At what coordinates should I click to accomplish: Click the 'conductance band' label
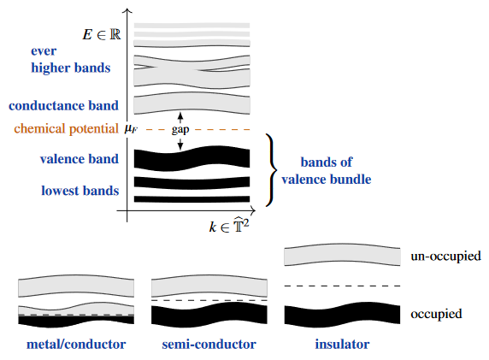pyautogui.click(x=63, y=105)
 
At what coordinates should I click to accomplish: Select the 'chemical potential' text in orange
pyautogui.click(x=66, y=128)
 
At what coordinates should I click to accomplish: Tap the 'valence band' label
pyautogui.click(x=80, y=159)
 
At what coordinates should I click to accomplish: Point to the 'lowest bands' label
pyautogui.click(x=80, y=191)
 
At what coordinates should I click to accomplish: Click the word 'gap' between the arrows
pyautogui.click(x=180, y=129)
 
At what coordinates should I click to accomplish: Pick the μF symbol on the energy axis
pyautogui.click(x=131, y=128)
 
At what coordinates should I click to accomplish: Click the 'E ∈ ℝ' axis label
pyautogui.click(x=102, y=34)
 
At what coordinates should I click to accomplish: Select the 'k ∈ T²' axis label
pyautogui.click(x=229, y=225)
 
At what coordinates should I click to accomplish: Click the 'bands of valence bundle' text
pyautogui.click(x=327, y=171)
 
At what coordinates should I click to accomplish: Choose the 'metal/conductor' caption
pyautogui.click(x=76, y=344)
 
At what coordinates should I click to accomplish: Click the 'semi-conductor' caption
pyautogui.click(x=209, y=344)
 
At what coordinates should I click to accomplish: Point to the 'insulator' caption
pyautogui.click(x=342, y=344)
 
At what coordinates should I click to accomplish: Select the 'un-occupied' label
pyautogui.click(x=445, y=257)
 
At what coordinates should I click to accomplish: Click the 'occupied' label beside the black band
pyautogui.click(x=436, y=314)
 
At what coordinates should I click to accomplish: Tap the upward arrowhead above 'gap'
pyautogui.click(x=180, y=116)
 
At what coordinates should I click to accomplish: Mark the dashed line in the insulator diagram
pyautogui.click(x=342, y=286)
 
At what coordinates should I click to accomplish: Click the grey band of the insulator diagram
pyautogui.click(x=342, y=255)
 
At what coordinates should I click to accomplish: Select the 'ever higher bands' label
pyautogui.click(x=70, y=59)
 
